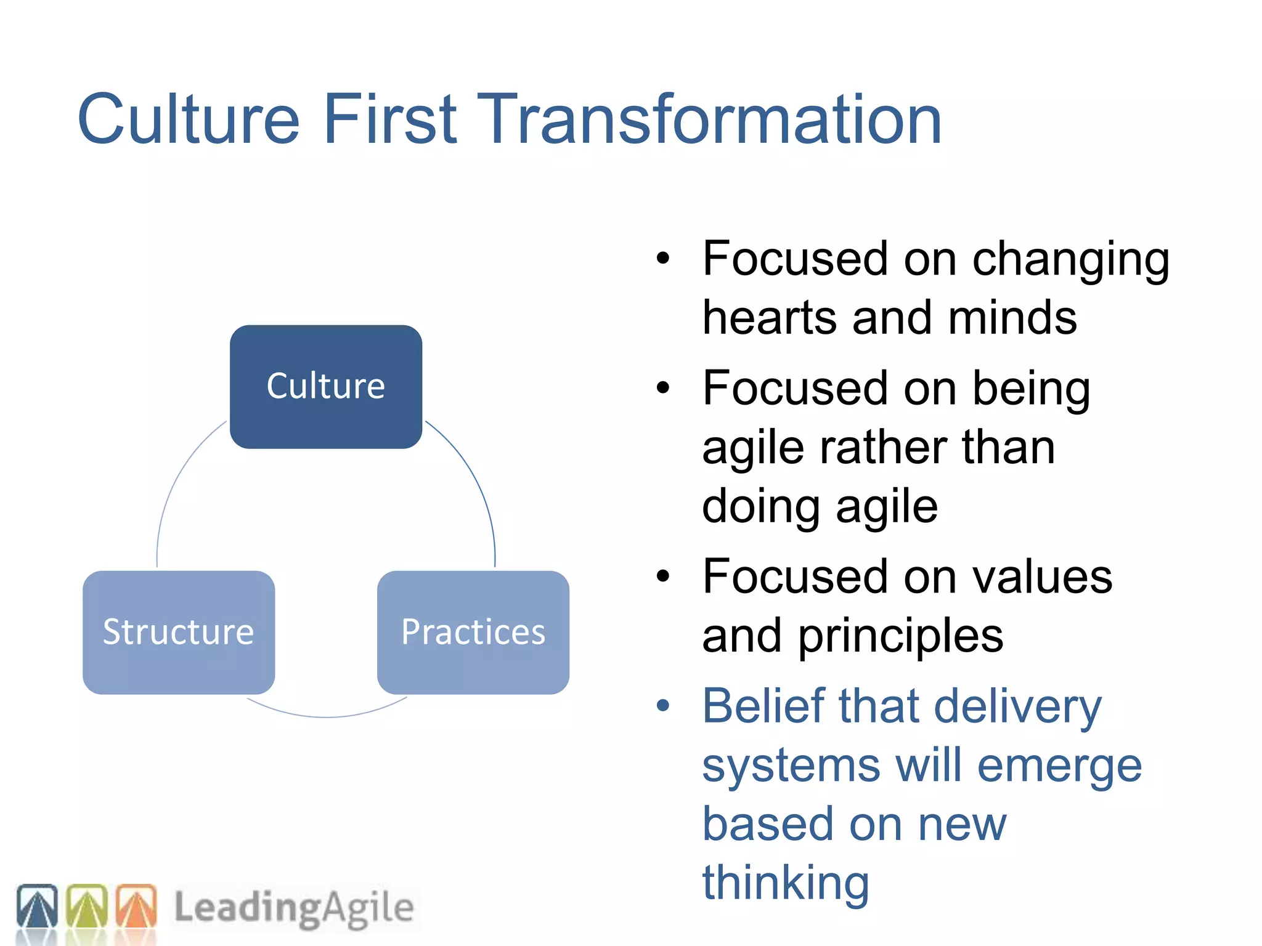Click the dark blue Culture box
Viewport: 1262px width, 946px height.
pos(325,387)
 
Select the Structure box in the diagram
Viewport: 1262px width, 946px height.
pos(179,633)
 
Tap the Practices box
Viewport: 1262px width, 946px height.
pos(473,633)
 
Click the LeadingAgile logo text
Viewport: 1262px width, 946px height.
pos(293,908)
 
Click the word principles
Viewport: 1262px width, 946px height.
pos(900,636)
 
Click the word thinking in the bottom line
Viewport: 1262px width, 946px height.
pos(786,882)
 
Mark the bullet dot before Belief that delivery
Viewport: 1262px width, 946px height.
pos(662,706)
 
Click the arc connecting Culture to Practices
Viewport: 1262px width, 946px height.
pos(477,480)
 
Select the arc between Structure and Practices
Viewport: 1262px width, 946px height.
pos(326,716)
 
